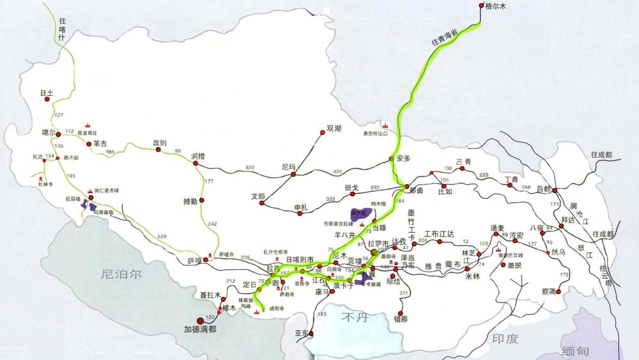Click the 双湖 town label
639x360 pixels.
[334, 129]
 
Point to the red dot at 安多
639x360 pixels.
[391, 159]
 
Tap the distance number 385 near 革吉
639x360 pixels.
[110, 152]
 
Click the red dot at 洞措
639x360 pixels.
[196, 164]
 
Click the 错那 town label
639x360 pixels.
[401, 318]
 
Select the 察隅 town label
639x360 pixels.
[549, 290]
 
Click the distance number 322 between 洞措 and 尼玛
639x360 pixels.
[250, 168]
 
